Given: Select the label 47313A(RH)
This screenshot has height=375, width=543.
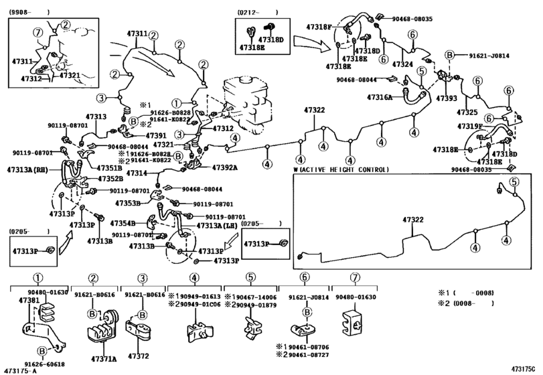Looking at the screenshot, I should pos(27,171).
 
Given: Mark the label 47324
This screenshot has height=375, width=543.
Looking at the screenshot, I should pos(402,64).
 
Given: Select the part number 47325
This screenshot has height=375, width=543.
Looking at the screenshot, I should pos(467,112).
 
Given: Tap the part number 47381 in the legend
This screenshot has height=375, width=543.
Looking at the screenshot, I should pos(27,301).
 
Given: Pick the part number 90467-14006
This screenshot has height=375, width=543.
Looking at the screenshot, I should pos(262,297).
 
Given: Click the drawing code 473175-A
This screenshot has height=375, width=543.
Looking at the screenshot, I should pos(22,370).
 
